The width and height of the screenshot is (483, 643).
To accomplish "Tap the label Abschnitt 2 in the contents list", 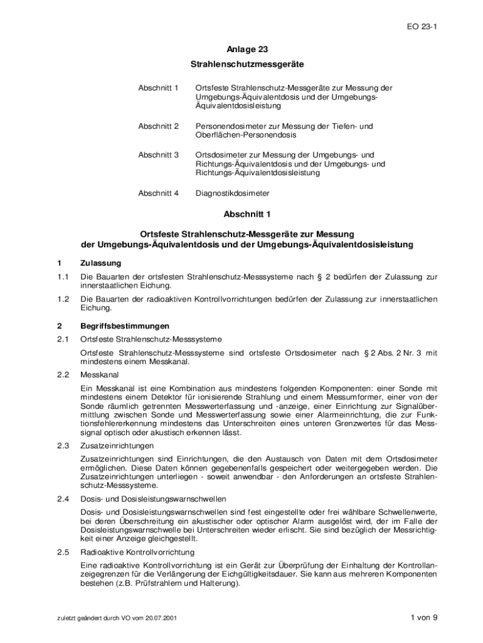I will tap(158, 126).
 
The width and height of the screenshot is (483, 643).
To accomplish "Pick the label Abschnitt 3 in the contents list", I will tap(158, 154).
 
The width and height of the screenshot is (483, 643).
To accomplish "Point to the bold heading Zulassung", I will tap(101, 262).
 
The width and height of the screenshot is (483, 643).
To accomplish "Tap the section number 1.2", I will tap(61, 300).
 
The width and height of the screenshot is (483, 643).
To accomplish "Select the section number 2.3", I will tap(61, 446).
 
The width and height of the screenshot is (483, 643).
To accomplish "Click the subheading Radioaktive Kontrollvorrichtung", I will tap(137, 553).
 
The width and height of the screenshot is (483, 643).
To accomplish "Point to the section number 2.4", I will tap(61, 499).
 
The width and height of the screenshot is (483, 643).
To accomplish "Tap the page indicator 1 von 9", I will tap(423, 617).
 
